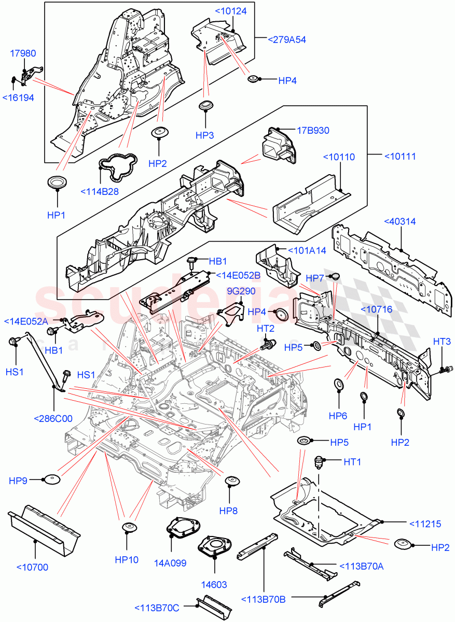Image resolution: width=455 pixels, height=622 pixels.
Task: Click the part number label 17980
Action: [24, 53]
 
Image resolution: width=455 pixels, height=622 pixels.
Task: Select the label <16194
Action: [18, 97]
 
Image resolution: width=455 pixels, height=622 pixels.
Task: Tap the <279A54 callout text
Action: [286, 39]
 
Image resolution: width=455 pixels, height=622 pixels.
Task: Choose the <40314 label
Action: [399, 221]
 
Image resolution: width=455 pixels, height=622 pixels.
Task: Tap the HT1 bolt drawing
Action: [320, 462]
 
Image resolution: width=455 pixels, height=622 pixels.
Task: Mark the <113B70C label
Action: [157, 607]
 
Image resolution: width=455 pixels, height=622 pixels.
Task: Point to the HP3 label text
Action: [204, 135]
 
